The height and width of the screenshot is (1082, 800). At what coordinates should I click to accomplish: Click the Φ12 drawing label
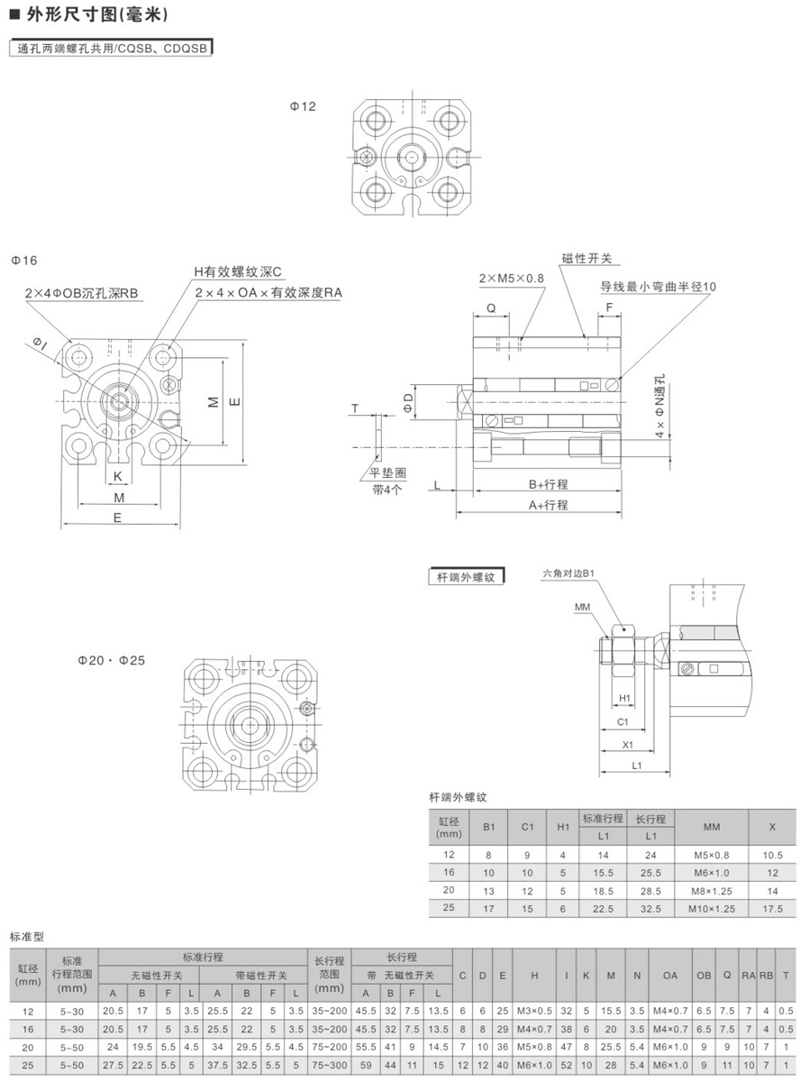pyautogui.click(x=303, y=106)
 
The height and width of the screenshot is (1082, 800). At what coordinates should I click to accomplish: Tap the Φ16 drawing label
pyautogui.click(x=24, y=261)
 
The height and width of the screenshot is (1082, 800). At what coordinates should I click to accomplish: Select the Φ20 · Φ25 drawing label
pyautogui.click(x=111, y=661)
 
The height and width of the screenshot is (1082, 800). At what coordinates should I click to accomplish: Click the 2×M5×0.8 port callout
pyautogui.click(x=512, y=279)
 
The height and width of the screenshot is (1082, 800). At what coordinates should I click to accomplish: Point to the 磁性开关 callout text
pyautogui.click(x=586, y=259)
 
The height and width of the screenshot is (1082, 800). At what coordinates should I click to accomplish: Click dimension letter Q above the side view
pyautogui.click(x=491, y=308)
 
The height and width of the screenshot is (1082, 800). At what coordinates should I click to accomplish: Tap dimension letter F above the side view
pyautogui.click(x=609, y=307)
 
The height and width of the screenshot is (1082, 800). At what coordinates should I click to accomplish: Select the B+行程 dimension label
pyautogui.click(x=548, y=484)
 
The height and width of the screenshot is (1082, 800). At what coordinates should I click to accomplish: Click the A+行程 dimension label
pyautogui.click(x=548, y=505)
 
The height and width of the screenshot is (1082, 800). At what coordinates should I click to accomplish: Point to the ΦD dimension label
pyautogui.click(x=408, y=402)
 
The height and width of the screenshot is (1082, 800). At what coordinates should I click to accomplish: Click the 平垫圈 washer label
pyautogui.click(x=387, y=472)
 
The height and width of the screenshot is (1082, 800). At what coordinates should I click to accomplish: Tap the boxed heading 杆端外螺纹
pyautogui.click(x=466, y=577)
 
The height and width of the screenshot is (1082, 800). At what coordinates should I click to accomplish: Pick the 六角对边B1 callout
pyautogui.click(x=568, y=573)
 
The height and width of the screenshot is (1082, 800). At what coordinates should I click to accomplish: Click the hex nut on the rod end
pyautogui.click(x=623, y=650)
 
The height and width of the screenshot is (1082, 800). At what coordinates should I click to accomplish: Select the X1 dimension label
pyautogui.click(x=627, y=745)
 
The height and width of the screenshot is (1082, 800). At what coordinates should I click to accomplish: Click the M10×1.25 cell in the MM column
pyautogui.click(x=712, y=909)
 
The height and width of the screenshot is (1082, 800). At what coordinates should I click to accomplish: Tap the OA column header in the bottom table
pyautogui.click(x=670, y=976)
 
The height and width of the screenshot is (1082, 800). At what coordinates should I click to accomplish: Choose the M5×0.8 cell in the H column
pyautogui.click(x=534, y=1047)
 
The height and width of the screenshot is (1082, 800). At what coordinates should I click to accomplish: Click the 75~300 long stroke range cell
pyautogui.click(x=329, y=1065)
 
